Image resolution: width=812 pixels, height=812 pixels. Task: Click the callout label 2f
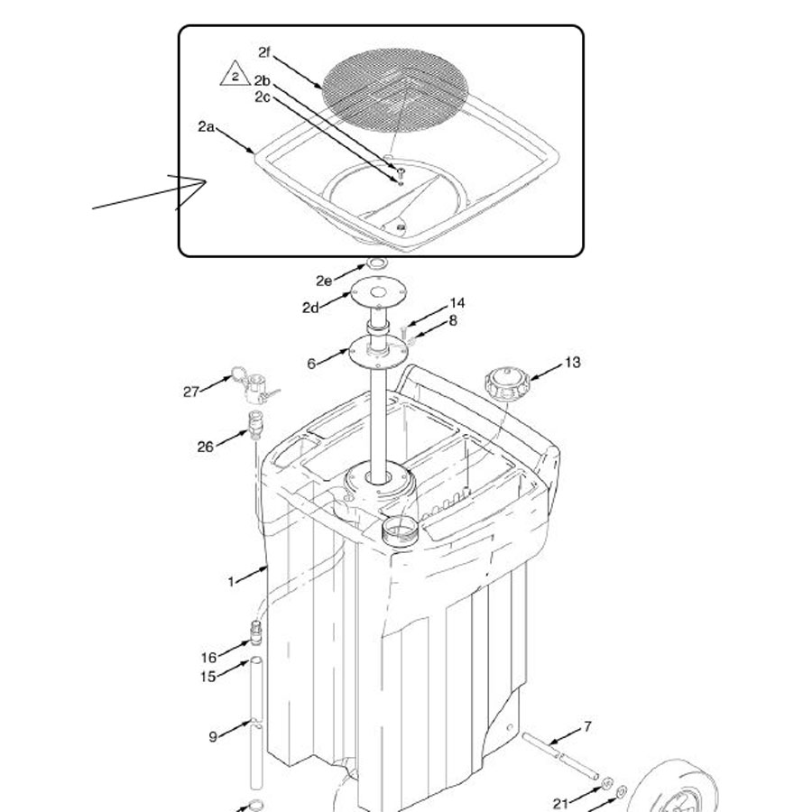(264, 52)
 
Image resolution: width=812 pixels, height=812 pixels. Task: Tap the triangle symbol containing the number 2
(235, 74)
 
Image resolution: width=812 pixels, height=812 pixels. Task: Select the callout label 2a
(206, 126)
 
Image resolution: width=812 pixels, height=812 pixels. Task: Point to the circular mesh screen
(395, 90)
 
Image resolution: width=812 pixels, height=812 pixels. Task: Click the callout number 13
(572, 363)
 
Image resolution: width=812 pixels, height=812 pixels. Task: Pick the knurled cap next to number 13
(507, 384)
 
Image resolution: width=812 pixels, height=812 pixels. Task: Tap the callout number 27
(191, 392)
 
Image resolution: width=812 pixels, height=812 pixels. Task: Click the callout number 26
(206, 447)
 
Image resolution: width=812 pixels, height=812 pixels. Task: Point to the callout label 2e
(324, 281)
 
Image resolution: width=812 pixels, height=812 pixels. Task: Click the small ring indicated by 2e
(376, 263)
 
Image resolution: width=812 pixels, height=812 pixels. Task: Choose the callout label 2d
(310, 308)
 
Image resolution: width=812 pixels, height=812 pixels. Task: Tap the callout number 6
(311, 364)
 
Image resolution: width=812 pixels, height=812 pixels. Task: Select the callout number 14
(457, 303)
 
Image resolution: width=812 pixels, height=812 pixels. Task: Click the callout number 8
(453, 321)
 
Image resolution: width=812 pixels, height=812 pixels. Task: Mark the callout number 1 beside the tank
(231, 582)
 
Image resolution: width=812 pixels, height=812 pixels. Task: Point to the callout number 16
(208, 658)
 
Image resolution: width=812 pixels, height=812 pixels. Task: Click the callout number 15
(208, 677)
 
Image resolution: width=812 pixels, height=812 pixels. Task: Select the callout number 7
(587, 727)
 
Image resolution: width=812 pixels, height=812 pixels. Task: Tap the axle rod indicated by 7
(560, 757)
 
